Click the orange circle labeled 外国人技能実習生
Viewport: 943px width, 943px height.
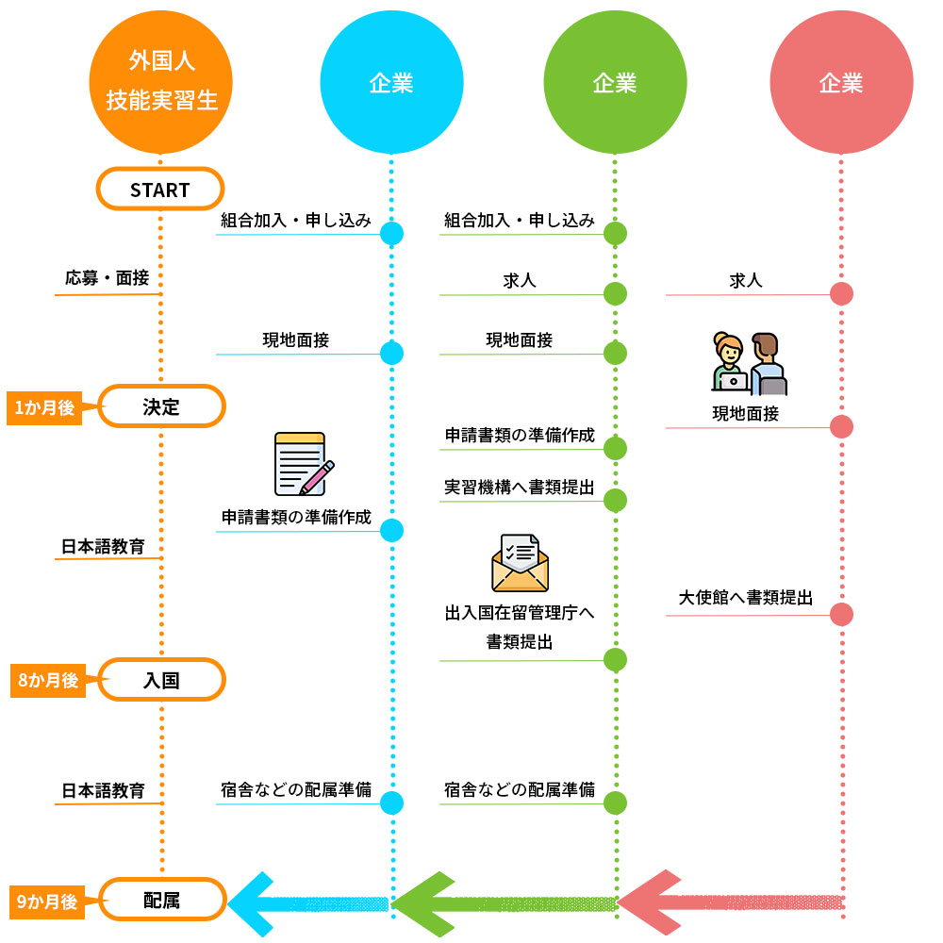[x=160, y=82]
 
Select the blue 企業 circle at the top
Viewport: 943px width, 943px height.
[x=391, y=82]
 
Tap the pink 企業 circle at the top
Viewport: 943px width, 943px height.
[x=841, y=82]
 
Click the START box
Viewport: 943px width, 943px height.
[x=160, y=189]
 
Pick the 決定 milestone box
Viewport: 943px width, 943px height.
[x=161, y=406]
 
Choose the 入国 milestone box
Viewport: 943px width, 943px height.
[x=161, y=679]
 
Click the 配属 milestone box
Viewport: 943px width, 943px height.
[x=161, y=900]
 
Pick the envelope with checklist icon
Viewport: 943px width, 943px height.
[x=519, y=564]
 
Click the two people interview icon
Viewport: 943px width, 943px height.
[x=750, y=364]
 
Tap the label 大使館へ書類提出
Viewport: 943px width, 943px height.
[x=746, y=598]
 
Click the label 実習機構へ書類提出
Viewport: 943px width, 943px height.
[x=520, y=488]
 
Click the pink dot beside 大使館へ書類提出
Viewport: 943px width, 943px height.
[x=841, y=615]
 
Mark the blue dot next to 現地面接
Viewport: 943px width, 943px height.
[x=391, y=353]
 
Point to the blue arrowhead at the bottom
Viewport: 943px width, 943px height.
[x=255, y=902]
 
